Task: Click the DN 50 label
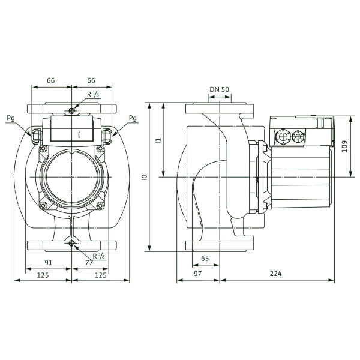coord(219,89)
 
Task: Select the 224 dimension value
coord(275,274)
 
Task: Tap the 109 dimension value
coord(344,146)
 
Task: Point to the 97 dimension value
coord(197,274)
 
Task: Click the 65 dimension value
coord(205,259)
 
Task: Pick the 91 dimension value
coord(48,263)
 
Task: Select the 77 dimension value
coord(89,263)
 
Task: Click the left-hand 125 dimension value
coord(43,275)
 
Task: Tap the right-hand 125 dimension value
coord(101,275)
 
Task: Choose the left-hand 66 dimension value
coord(51,80)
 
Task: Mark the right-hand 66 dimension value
coord(91,80)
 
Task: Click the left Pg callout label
coord(11,118)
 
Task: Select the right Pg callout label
coord(133,118)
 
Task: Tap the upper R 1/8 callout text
coord(93,94)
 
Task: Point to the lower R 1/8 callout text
coord(99,256)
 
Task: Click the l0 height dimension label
coord(144,177)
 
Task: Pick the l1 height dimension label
coord(158,140)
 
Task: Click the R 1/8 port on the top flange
coord(72,111)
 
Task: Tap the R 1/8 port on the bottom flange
coord(72,243)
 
